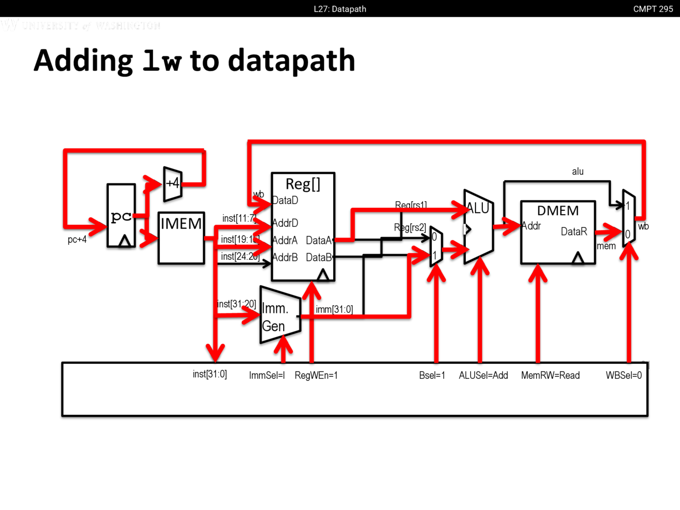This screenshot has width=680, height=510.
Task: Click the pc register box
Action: (x=121, y=216)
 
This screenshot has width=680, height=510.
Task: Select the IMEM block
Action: (x=181, y=237)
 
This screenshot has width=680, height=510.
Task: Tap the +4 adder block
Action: (x=173, y=184)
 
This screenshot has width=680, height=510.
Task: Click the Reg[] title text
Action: (x=303, y=184)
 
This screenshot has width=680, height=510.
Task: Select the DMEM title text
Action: (x=558, y=211)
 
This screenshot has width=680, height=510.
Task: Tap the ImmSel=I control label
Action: (x=267, y=375)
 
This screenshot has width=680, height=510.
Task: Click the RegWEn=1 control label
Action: (x=316, y=375)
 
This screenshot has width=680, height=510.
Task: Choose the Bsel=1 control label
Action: (x=432, y=375)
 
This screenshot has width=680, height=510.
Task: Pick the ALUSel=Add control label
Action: (x=483, y=375)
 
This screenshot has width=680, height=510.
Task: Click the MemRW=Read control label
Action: (x=550, y=375)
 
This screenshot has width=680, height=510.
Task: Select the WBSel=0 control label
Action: (x=624, y=375)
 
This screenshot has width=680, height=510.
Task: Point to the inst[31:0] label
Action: (x=210, y=374)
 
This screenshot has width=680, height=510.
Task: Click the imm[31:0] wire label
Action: (x=334, y=309)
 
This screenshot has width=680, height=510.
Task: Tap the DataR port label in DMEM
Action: (x=574, y=232)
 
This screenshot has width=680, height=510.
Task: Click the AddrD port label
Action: (x=285, y=223)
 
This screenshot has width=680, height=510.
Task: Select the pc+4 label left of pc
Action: (x=77, y=240)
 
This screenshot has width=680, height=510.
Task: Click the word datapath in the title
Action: (x=291, y=61)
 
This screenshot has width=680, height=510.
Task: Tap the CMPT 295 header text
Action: (x=653, y=9)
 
